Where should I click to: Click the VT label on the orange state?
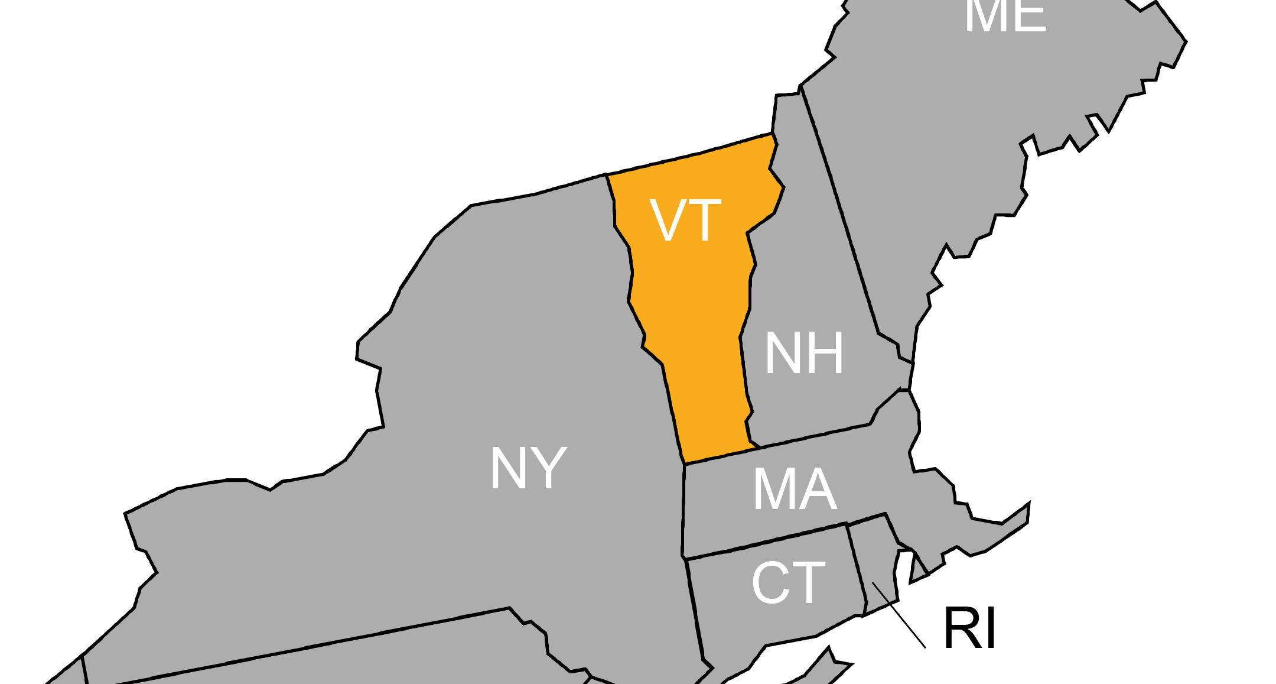pyautogui.click(x=685, y=220)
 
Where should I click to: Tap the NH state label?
pyautogui.click(x=804, y=353)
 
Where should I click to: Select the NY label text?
pyautogui.click(x=528, y=468)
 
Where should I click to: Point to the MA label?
pyautogui.click(x=795, y=490)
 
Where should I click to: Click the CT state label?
pyautogui.click(x=788, y=583)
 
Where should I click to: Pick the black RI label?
pyautogui.click(x=969, y=628)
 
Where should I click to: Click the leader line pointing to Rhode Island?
pyautogui.click(x=899, y=615)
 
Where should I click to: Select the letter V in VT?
pyautogui.click(x=668, y=220)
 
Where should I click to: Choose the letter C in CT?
pyautogui.click(x=769, y=583)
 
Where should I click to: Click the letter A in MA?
pyautogui.click(x=819, y=490)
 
